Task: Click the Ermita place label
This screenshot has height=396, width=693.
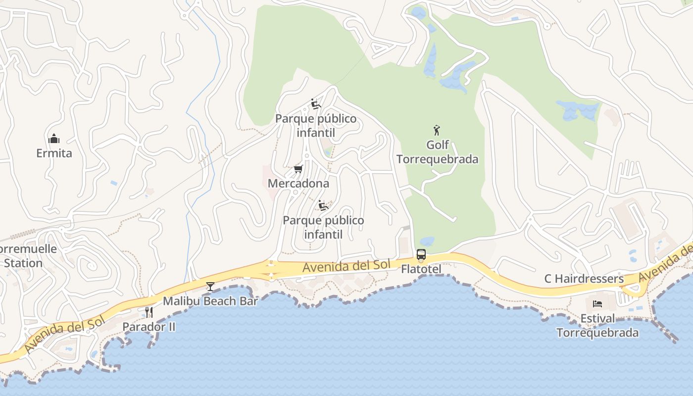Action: click(x=54, y=153)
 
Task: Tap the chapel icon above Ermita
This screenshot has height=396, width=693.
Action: click(x=54, y=139)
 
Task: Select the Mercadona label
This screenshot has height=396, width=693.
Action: click(x=298, y=184)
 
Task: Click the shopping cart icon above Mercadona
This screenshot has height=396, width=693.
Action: click(x=298, y=169)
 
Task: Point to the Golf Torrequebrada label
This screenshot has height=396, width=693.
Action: click(x=438, y=152)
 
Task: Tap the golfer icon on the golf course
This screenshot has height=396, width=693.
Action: click(x=437, y=131)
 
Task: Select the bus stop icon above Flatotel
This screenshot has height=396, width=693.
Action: click(x=421, y=255)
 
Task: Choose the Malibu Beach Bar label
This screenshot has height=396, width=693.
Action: click(x=210, y=301)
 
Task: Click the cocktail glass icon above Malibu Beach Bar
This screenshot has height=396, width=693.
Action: click(x=210, y=287)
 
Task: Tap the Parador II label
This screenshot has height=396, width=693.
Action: click(x=148, y=327)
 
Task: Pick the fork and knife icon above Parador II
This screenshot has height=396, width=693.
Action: click(x=148, y=312)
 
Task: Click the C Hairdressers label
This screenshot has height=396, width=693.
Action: click(x=584, y=279)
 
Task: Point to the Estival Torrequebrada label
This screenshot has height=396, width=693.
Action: click(x=597, y=325)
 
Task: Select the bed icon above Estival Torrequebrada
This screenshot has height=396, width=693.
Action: click(x=597, y=303)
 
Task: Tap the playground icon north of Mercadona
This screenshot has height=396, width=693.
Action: click(x=315, y=104)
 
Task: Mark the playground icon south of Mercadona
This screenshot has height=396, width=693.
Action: click(x=323, y=205)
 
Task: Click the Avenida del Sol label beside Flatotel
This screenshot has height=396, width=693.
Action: click(x=346, y=266)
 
